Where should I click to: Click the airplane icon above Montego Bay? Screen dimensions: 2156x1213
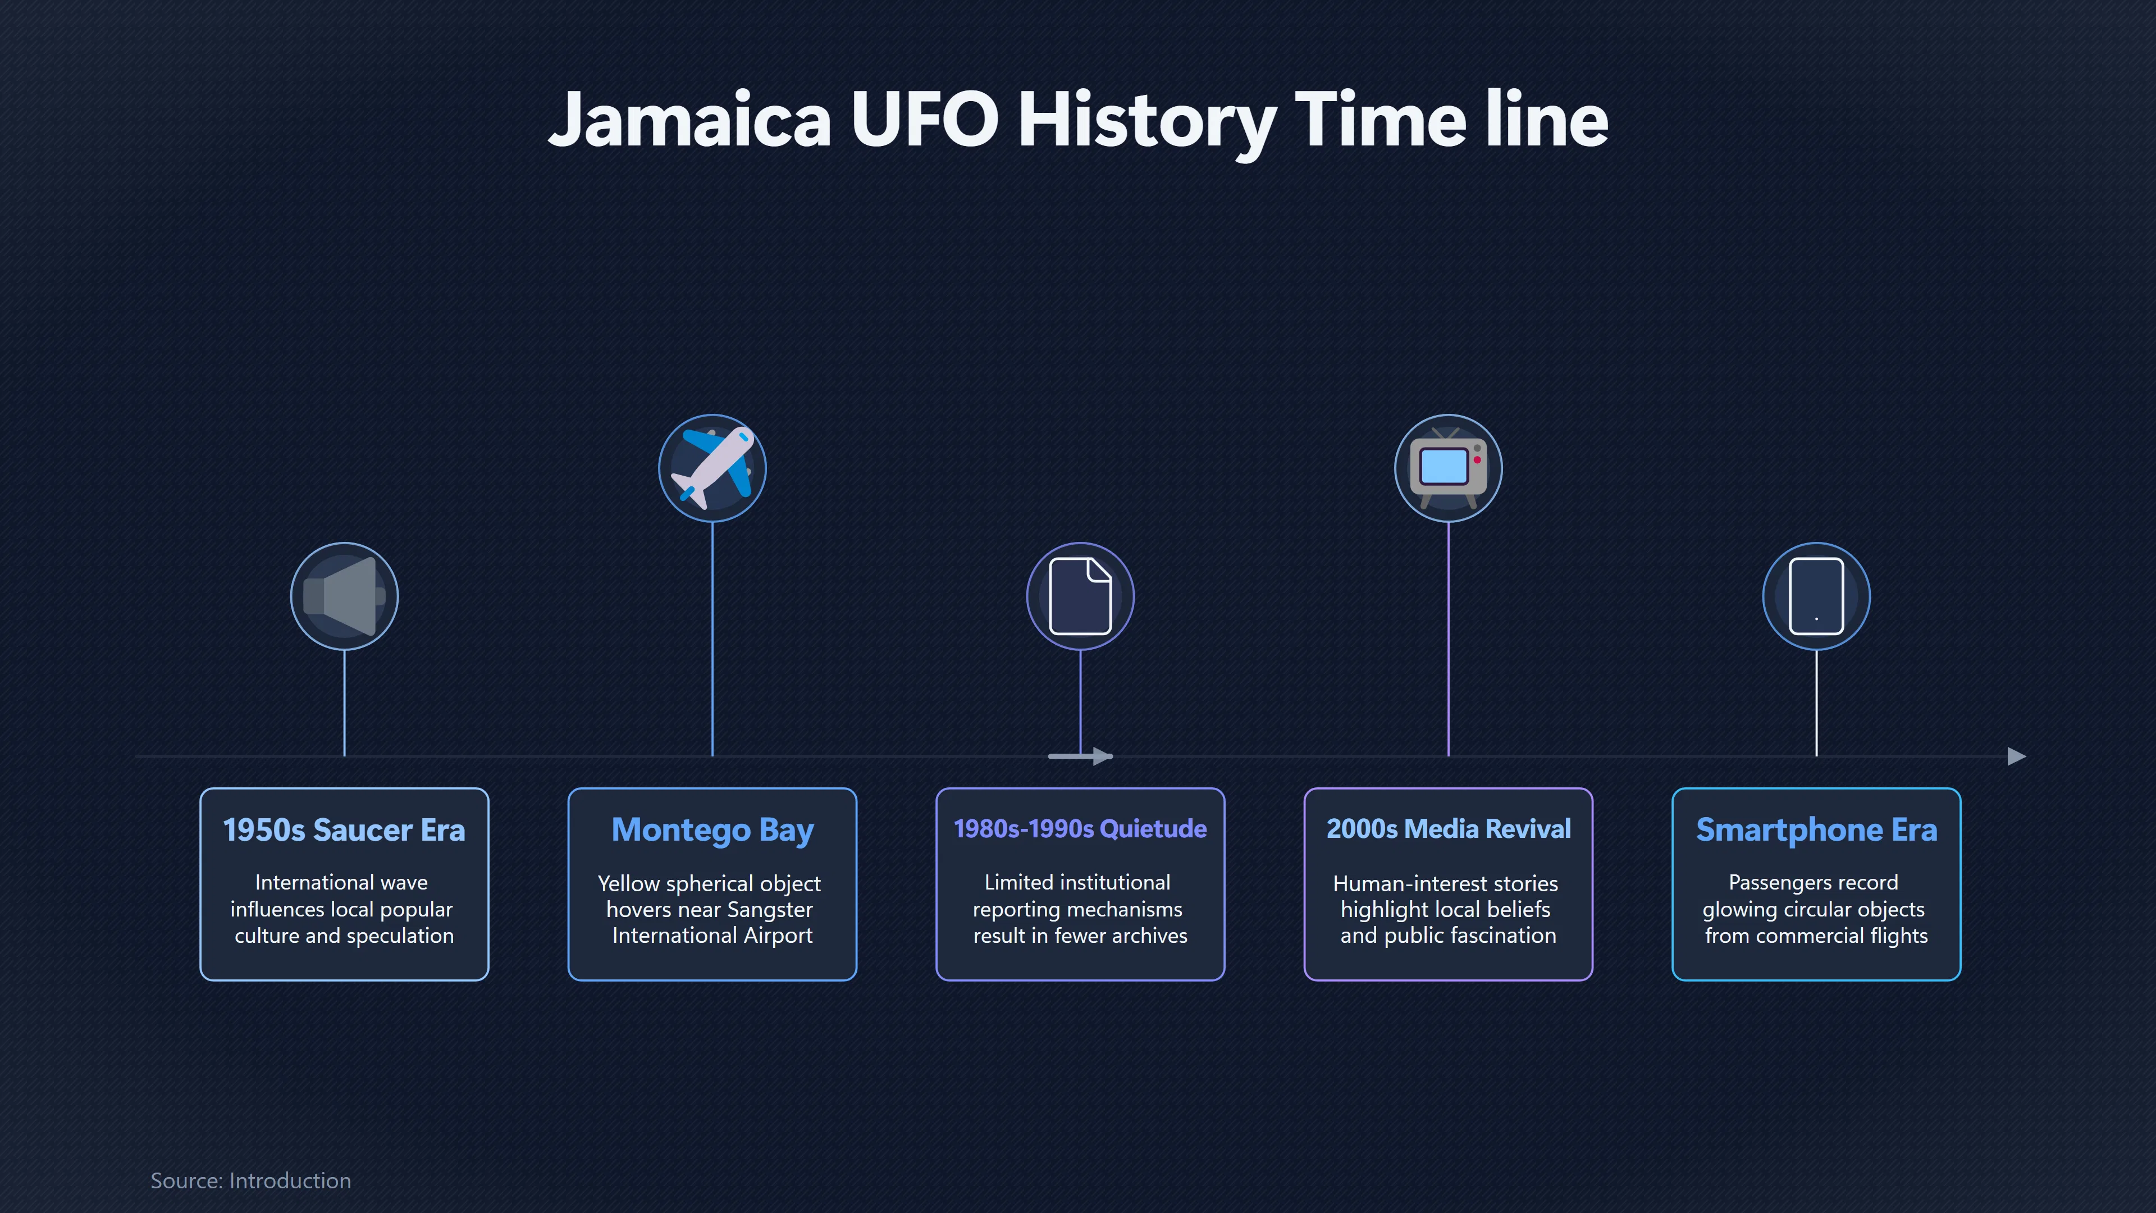pos(712,468)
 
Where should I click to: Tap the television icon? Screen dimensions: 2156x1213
pos(1448,468)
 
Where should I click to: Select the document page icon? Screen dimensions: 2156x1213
pos(1080,596)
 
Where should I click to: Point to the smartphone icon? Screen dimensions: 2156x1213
pos(1816,596)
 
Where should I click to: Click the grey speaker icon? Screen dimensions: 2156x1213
pos(344,596)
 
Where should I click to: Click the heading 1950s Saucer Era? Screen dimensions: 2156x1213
pos(344,829)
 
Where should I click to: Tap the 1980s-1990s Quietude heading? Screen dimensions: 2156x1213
pos(1080,829)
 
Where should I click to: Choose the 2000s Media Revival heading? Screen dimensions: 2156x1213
pos(1448,829)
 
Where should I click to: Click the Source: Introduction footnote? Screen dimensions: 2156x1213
pos(251,1180)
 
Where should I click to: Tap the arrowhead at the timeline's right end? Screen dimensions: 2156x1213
pos(2017,756)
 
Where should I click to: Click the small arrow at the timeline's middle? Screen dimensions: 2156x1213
pos(1080,756)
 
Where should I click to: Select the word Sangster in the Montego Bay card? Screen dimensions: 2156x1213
pos(770,910)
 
